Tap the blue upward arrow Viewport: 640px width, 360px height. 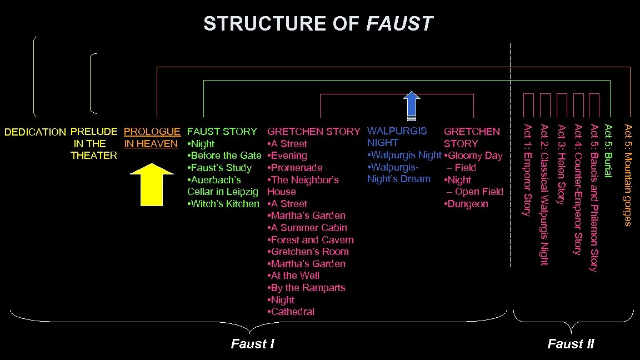412,106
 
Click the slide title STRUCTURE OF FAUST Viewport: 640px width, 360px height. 318,24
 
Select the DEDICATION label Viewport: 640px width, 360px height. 35,132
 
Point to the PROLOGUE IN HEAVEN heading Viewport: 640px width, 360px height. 152,138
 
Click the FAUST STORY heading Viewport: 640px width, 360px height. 222,132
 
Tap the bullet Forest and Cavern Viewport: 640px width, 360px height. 311,240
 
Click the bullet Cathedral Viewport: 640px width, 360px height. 292,312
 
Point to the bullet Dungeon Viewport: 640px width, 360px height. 467,204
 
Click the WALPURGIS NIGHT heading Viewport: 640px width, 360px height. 397,137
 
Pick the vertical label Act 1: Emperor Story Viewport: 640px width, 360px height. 528,169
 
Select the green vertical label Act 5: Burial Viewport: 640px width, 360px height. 608,152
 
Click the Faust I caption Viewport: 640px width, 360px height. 253,344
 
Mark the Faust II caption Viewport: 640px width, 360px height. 571,344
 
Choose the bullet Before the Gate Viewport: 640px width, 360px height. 225,156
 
